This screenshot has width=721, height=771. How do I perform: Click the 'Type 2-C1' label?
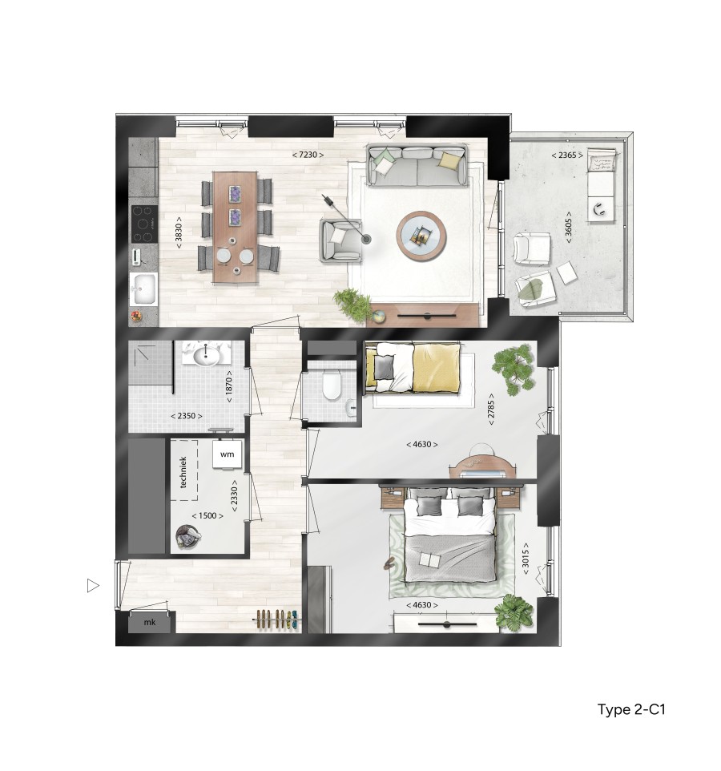[x=632, y=710]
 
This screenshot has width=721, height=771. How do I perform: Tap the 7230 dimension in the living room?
[x=308, y=154]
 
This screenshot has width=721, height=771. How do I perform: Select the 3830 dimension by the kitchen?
[x=179, y=232]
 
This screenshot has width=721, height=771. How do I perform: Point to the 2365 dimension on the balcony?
[x=566, y=155]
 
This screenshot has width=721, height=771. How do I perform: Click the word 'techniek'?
[x=183, y=472]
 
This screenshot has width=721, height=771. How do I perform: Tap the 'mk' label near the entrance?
[x=149, y=622]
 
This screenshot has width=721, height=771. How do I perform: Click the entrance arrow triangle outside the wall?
[x=93, y=586]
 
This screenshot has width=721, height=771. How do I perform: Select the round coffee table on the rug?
[x=421, y=233]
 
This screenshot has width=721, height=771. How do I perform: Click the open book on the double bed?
[x=429, y=560]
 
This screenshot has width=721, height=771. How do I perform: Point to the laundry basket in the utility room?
[x=187, y=537]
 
